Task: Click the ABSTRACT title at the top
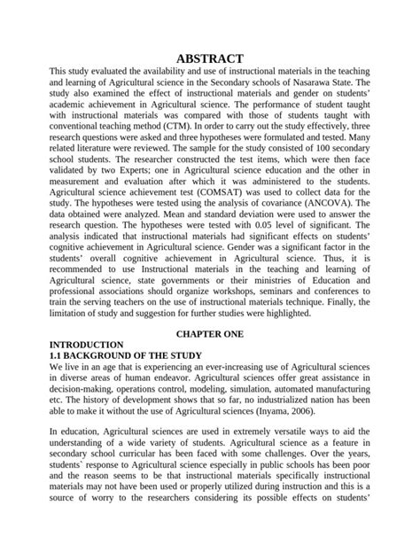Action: click(209, 58)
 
